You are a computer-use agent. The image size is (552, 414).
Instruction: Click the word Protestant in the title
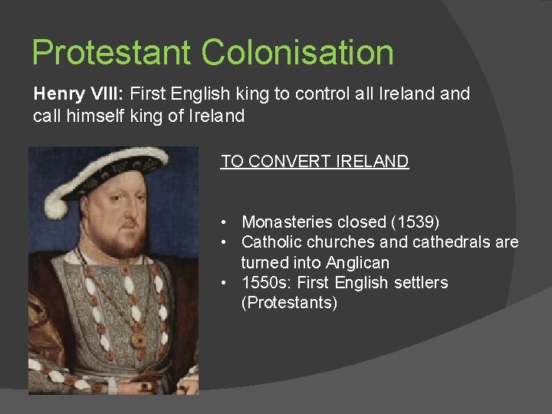click(x=113, y=53)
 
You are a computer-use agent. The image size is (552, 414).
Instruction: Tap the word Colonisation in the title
click(x=298, y=53)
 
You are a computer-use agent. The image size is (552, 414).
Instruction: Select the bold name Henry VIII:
click(x=80, y=94)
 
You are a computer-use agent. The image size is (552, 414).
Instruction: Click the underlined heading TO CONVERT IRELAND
click(x=314, y=162)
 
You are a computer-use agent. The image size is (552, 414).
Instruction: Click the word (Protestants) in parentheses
click(x=289, y=303)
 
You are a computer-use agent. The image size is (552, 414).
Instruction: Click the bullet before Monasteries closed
click(x=222, y=222)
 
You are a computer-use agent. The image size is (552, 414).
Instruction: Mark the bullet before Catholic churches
click(x=222, y=242)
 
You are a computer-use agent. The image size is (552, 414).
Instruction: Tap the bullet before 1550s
click(x=222, y=283)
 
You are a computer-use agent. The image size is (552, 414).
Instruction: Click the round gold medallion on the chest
click(x=140, y=337)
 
